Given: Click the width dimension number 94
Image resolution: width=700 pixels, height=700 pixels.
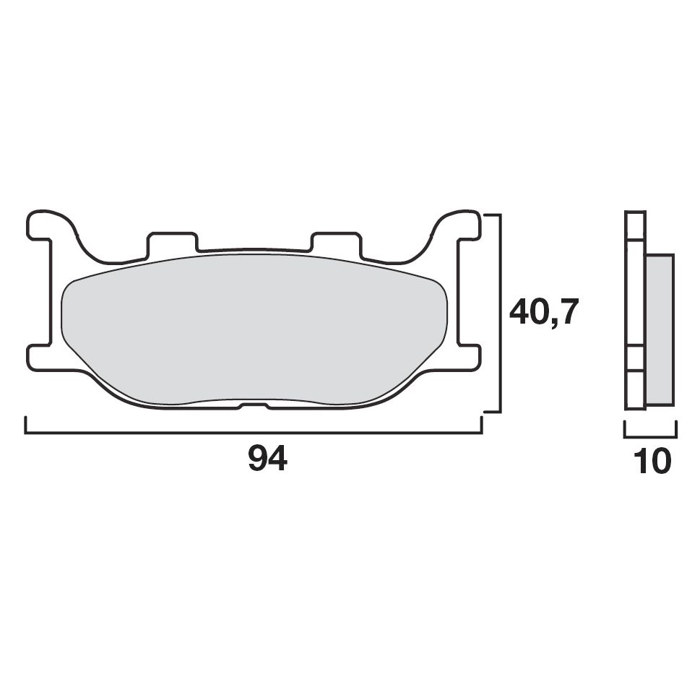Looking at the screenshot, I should (267, 459).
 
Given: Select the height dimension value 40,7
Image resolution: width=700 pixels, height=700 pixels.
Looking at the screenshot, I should (543, 312).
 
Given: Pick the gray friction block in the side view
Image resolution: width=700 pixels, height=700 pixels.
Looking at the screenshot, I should (659, 329).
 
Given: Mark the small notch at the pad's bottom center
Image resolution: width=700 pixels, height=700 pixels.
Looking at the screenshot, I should (254, 406).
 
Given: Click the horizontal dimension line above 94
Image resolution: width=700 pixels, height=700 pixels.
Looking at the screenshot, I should (253, 433).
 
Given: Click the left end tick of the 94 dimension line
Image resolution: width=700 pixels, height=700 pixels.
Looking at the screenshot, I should (26, 425).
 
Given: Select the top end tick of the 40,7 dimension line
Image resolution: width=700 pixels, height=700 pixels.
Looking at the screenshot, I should (491, 215).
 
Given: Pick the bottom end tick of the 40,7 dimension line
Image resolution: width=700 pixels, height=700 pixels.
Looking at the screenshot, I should (491, 411).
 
